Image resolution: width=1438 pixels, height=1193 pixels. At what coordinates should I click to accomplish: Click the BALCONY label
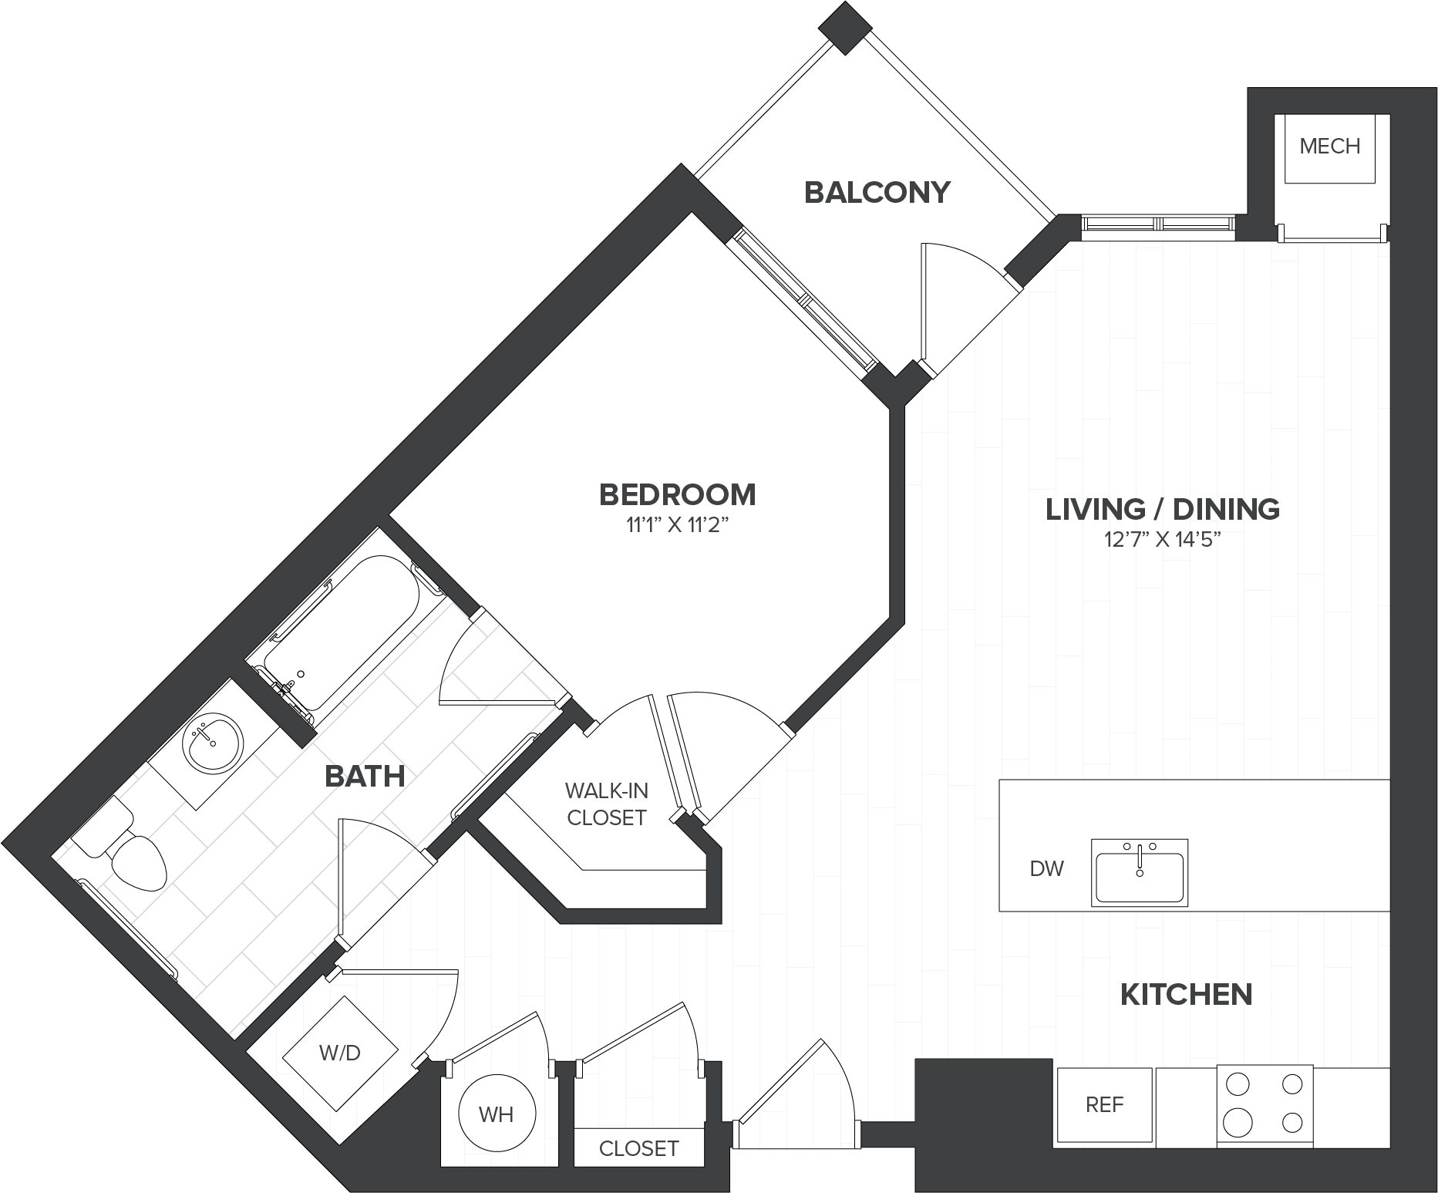[x=877, y=193]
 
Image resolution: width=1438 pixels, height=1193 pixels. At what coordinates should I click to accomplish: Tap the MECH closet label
[x=1330, y=146]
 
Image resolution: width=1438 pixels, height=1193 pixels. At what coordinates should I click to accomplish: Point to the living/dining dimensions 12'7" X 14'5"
[x=1164, y=540]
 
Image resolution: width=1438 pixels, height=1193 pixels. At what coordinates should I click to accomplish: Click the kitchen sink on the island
[x=1140, y=872]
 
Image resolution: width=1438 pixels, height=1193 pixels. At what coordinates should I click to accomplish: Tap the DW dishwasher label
[x=1046, y=869]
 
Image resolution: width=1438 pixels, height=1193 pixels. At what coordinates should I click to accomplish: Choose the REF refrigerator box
[x=1104, y=1105]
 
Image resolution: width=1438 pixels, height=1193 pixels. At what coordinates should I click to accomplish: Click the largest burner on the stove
[x=1236, y=1119]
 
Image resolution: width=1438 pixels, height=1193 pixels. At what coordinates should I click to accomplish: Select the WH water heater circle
[x=497, y=1114]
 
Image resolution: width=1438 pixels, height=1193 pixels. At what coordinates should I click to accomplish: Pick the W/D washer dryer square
[x=340, y=1053]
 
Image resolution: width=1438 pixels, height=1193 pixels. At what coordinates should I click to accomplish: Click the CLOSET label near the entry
[x=638, y=1149]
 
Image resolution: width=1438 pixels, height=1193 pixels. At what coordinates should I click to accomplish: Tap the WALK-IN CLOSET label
[x=607, y=804]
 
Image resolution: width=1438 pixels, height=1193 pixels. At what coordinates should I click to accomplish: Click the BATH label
[x=365, y=777]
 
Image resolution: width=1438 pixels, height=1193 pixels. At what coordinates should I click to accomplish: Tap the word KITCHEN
[x=1186, y=995]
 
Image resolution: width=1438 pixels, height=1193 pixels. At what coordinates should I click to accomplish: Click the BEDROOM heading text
[x=677, y=494]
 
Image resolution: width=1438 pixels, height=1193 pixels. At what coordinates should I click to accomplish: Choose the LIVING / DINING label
[x=1163, y=510]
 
